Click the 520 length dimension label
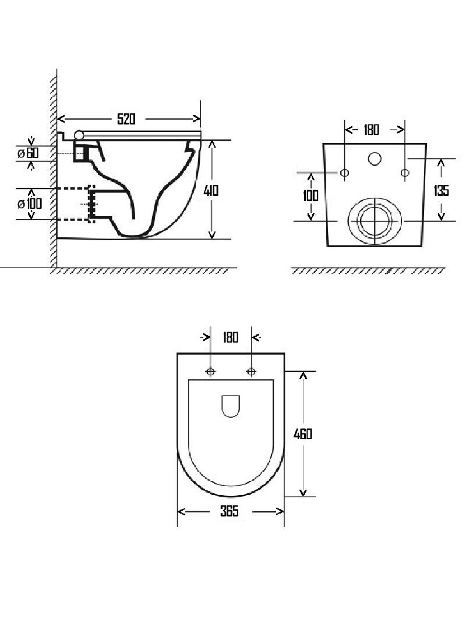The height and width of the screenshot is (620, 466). tap(126, 119)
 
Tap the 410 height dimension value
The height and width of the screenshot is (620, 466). tap(211, 191)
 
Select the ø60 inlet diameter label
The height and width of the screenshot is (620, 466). tap(28, 153)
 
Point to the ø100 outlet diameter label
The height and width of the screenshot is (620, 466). tap(30, 204)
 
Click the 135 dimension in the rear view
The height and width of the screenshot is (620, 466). tap(441, 191)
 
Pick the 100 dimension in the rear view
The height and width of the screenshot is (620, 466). tap(310, 196)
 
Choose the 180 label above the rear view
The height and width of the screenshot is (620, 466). tap(372, 130)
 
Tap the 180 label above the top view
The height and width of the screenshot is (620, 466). tap(231, 337)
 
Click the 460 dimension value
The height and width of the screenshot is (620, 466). tap(302, 434)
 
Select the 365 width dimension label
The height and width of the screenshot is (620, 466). tap(230, 511)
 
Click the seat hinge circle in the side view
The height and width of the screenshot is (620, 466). tap(79, 136)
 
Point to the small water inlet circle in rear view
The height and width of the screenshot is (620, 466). tap(375, 159)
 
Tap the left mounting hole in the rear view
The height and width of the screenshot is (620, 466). tap(345, 173)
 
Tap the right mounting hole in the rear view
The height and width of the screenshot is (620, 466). tap(405, 173)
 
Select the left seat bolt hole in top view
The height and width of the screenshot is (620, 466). tap(210, 371)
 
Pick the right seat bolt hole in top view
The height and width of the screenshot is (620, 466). tap(251, 371)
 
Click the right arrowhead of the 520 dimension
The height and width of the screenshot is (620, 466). tap(196, 119)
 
